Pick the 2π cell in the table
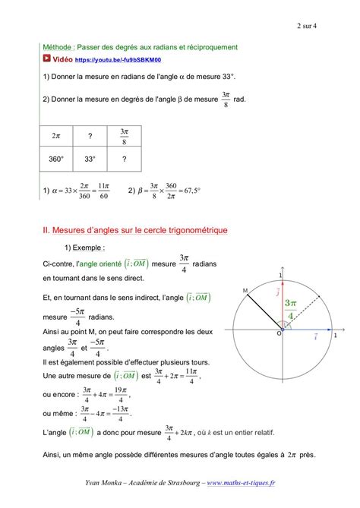(x=55, y=136)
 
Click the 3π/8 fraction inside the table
(x=124, y=136)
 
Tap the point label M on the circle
(x=245, y=291)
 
